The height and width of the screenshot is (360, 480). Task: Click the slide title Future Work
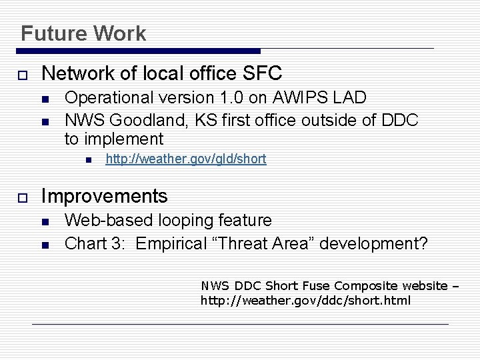tap(83, 33)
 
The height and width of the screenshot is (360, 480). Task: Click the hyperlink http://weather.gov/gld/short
tap(186, 159)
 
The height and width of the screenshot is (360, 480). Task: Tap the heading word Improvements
tap(105, 196)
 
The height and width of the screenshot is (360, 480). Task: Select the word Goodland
tap(143, 121)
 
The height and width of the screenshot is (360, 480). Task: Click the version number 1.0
tap(232, 97)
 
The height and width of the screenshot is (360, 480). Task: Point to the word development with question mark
tap(374, 243)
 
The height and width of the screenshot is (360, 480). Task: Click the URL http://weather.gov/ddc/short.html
tap(306, 301)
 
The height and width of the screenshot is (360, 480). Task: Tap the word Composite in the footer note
tap(367, 286)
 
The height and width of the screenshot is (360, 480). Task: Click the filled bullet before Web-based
tap(45, 221)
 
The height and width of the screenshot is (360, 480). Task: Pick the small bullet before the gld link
tap(87, 160)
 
